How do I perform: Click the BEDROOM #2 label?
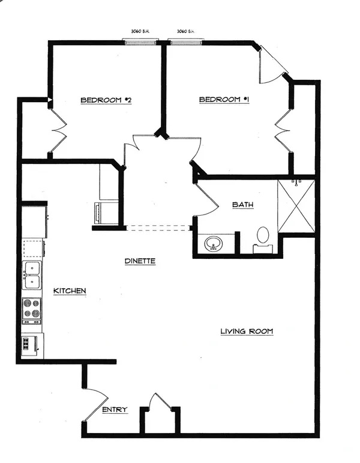106,100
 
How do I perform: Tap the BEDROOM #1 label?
224,100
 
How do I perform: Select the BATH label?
242,205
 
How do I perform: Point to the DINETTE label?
140,261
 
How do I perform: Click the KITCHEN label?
70,291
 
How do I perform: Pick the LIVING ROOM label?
247,331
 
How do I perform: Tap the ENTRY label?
115,410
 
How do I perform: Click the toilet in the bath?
263,240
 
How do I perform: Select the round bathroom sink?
214,244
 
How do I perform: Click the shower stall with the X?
296,206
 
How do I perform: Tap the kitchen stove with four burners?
32,310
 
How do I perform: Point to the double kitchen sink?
32,275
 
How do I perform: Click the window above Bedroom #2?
140,43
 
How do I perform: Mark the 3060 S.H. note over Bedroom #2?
140,31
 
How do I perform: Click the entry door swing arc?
97,405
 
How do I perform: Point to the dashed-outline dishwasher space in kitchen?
33,249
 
